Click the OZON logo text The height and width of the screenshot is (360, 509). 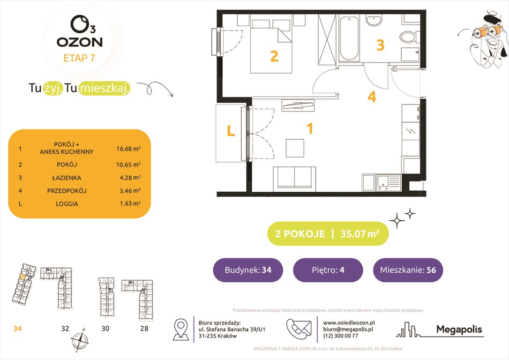(80, 42)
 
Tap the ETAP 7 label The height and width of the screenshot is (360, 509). (80, 58)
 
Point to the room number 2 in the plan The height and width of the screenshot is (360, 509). (274, 56)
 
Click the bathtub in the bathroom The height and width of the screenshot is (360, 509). (349, 38)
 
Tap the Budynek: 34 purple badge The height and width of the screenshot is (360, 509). (248, 270)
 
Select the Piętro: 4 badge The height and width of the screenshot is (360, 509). (328, 270)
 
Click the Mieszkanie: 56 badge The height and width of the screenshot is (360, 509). (408, 270)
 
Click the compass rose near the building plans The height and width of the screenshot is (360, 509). (80, 338)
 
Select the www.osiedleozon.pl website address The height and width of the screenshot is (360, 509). (349, 322)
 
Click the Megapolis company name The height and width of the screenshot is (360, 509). (459, 330)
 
